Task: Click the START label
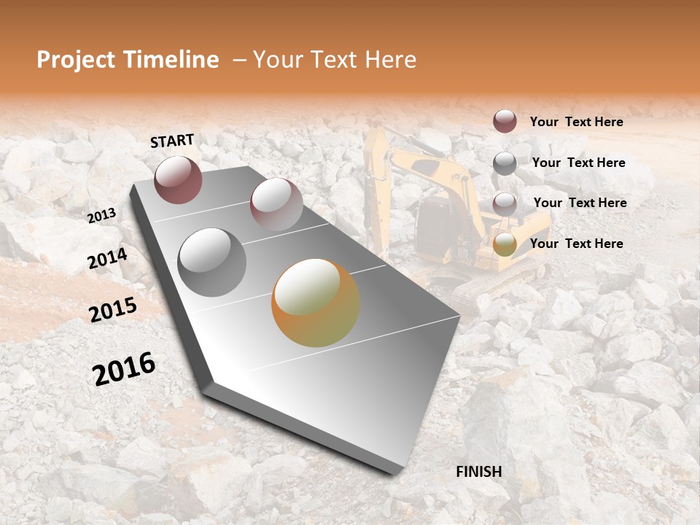[172, 140]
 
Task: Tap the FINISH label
[479, 471]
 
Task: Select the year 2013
[102, 215]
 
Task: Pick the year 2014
[107, 258]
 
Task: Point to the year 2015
[113, 309]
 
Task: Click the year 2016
[124, 368]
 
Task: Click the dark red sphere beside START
[178, 179]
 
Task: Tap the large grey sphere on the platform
[212, 262]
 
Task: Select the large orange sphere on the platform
[316, 303]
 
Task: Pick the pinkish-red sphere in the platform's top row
[276, 204]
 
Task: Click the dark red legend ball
[505, 121]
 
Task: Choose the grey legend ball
[505, 163]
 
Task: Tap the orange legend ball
[505, 244]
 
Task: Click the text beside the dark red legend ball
[576, 122]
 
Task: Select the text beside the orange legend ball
[576, 244]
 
